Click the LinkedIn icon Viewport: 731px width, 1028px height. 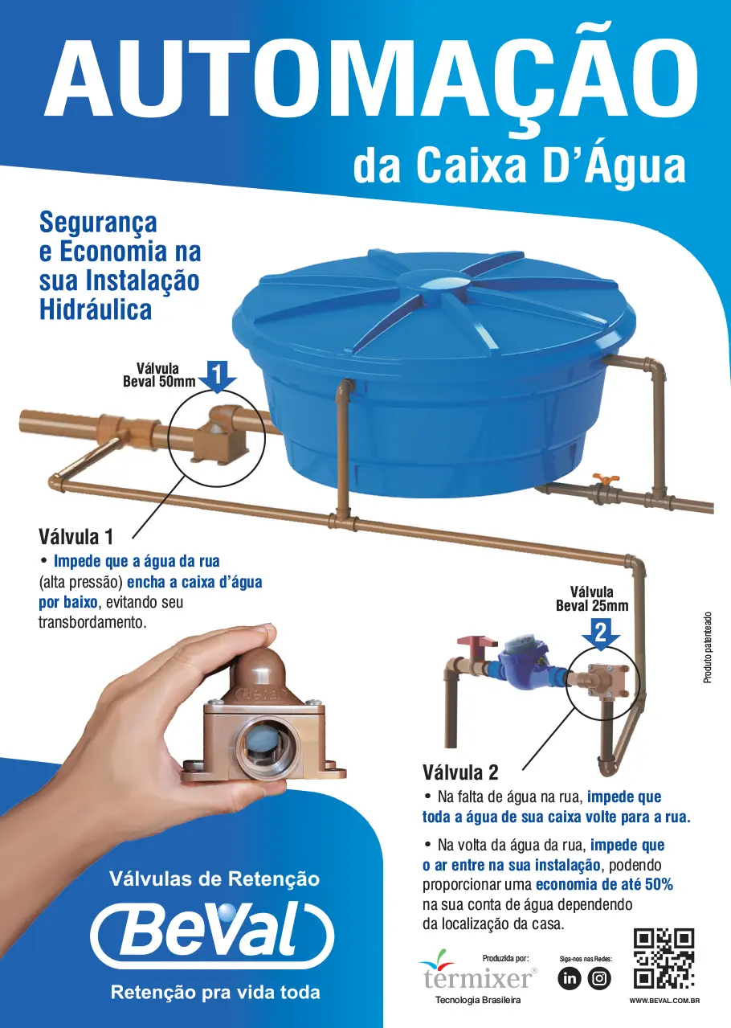pyautogui.click(x=569, y=979)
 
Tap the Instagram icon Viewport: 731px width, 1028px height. pyautogui.click(x=599, y=979)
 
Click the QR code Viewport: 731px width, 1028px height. pyautogui.click(x=664, y=958)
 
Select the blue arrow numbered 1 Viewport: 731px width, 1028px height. pyautogui.click(x=217, y=376)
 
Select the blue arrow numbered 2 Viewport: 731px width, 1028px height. pyautogui.click(x=601, y=634)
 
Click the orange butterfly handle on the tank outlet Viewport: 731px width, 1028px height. pyautogui.click(x=606, y=479)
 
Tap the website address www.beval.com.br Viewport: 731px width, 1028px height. pyautogui.click(x=664, y=1001)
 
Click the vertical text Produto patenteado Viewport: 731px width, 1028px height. pyautogui.click(x=708, y=648)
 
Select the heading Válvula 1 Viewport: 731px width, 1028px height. pyautogui.click(x=76, y=537)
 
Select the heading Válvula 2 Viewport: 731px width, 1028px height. pyautogui.click(x=460, y=772)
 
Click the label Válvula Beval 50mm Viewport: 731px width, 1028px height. pyautogui.click(x=159, y=375)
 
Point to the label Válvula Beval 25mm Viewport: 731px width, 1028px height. pyautogui.click(x=592, y=599)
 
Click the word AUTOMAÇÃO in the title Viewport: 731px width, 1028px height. pyautogui.click(x=371, y=80)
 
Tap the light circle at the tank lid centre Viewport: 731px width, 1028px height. pyautogui.click(x=442, y=283)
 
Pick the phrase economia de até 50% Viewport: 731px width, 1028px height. pyautogui.click(x=604, y=884)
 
